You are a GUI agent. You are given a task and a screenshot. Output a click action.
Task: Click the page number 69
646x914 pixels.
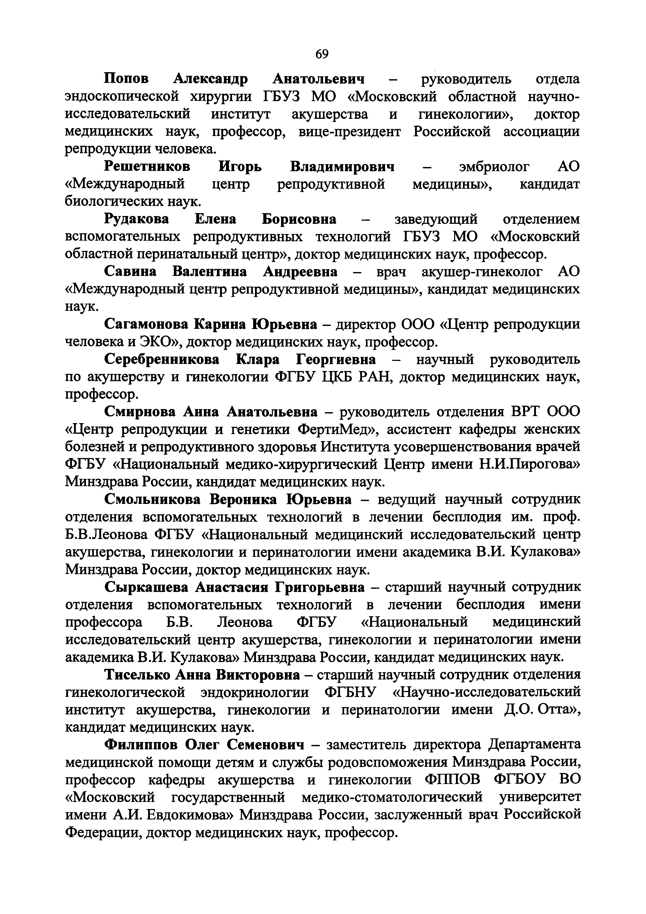[x=322, y=54]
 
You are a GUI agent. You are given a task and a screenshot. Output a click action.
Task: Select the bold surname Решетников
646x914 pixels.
[x=147, y=167]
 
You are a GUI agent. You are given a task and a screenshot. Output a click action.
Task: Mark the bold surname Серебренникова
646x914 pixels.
[x=162, y=360]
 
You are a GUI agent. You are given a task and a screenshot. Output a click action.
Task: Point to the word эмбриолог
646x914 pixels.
[x=494, y=167]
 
